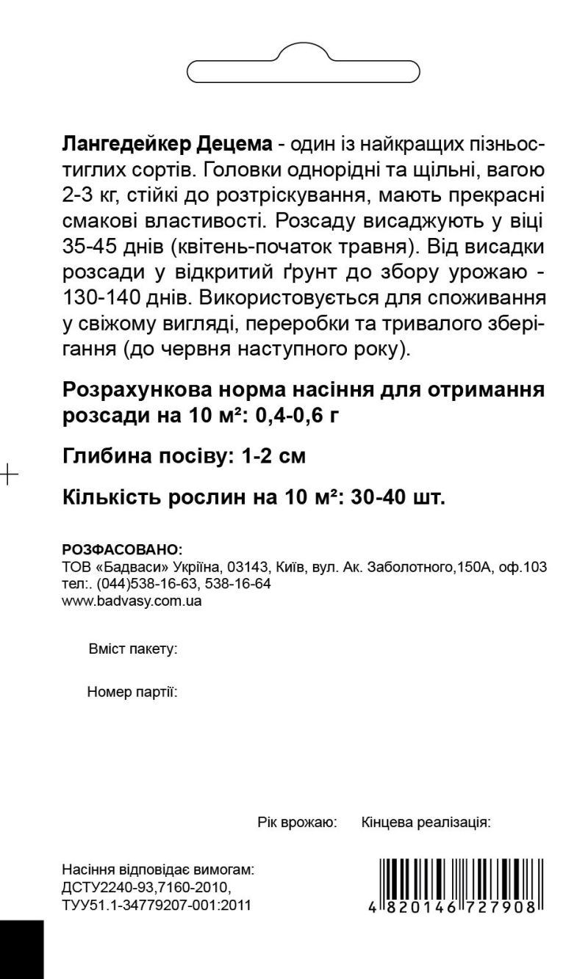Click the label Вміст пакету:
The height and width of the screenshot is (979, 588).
(x=133, y=650)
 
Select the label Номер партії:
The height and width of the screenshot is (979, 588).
(x=133, y=692)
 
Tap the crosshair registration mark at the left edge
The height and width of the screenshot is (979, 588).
(x=8, y=474)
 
